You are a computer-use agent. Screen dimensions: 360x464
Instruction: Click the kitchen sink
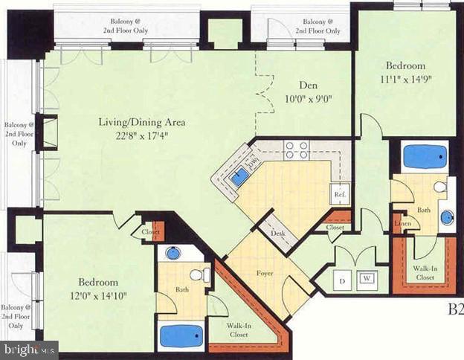click(x=239, y=177)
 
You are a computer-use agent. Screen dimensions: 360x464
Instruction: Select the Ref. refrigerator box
click(x=341, y=195)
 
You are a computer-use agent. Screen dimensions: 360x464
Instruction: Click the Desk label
click(x=279, y=233)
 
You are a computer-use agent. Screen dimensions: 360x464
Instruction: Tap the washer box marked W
click(x=367, y=279)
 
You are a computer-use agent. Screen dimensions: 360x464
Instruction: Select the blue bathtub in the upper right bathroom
click(x=425, y=157)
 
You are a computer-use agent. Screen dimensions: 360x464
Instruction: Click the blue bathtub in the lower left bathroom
click(x=181, y=335)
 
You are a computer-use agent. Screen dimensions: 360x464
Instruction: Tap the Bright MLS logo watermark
click(x=30, y=348)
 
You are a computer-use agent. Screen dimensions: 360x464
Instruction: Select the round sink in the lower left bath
click(x=173, y=253)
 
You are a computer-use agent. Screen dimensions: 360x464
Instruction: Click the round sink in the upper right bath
click(x=448, y=217)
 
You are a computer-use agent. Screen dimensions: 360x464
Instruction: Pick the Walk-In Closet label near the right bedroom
click(x=425, y=274)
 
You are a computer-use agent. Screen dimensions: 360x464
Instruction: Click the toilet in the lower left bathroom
click(x=200, y=275)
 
